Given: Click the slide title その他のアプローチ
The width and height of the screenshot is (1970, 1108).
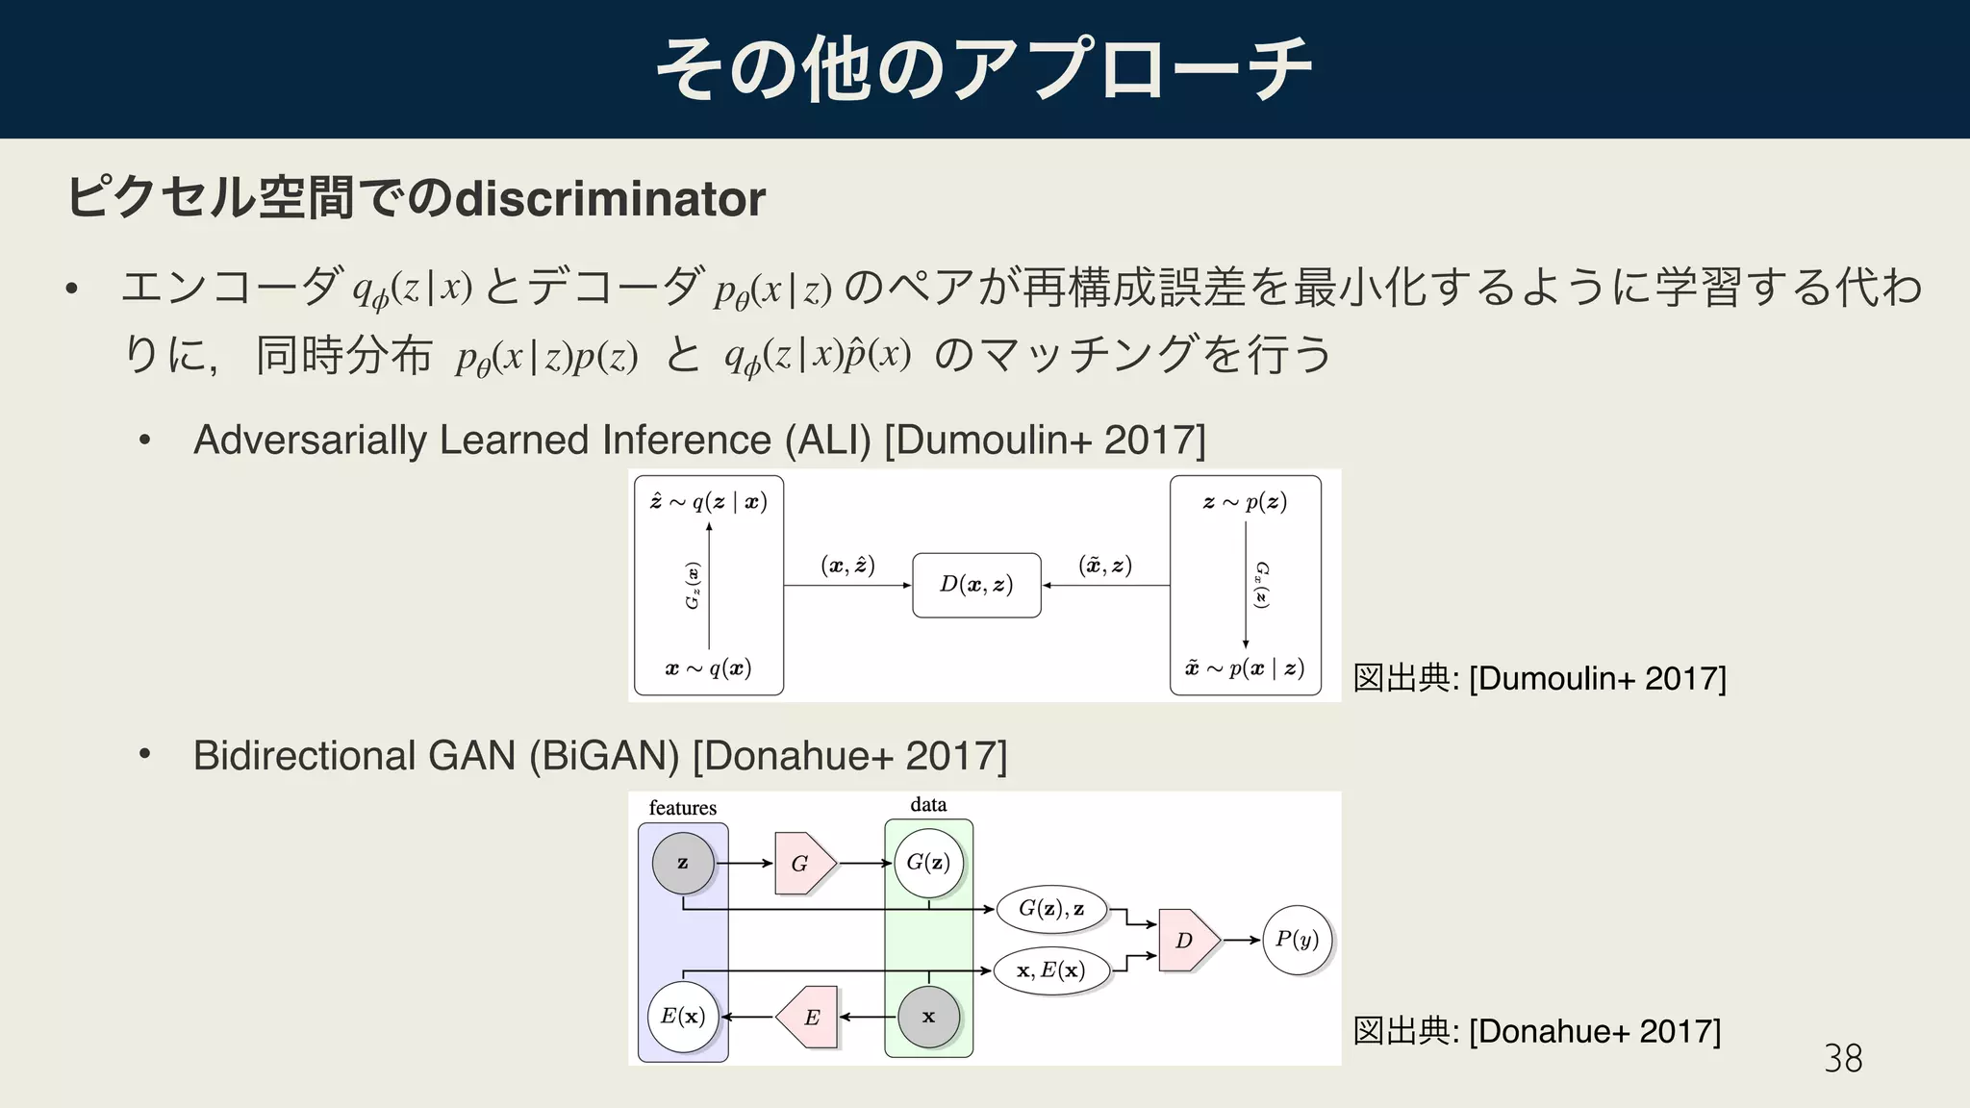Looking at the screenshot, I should point(984,69).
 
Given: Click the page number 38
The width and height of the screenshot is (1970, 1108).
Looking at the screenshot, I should point(1842,1059).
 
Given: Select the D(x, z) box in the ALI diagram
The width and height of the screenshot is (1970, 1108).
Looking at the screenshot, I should point(976,585).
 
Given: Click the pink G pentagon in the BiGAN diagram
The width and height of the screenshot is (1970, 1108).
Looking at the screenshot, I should point(802,864).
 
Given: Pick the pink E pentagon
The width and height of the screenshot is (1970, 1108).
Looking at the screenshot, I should point(810,1017).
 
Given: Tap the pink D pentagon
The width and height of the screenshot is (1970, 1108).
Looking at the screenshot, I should point(1187,940).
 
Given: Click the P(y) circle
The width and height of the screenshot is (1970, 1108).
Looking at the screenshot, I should point(1297,940).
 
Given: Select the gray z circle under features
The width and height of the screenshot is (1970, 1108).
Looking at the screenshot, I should point(683,864).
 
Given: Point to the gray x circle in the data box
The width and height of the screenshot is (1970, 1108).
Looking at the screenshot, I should point(928,1017).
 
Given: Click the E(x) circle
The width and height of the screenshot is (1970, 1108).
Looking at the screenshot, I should point(683,1017).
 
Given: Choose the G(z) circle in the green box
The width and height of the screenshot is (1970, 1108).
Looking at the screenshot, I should point(928,863).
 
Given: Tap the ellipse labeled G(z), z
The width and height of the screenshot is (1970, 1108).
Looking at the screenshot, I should point(1051,909).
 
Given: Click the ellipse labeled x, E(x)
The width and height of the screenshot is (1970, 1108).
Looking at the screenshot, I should point(1051,970).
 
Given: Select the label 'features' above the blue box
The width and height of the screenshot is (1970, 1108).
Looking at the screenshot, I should point(683,808).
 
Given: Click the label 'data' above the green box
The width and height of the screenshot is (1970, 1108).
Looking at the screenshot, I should point(928,805).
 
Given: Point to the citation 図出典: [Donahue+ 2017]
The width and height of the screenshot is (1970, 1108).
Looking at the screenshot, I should point(1536,1031).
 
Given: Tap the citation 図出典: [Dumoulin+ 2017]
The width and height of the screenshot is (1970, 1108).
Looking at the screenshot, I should point(1539,678).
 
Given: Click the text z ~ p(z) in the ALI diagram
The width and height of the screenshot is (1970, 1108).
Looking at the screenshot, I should point(1245,502).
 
